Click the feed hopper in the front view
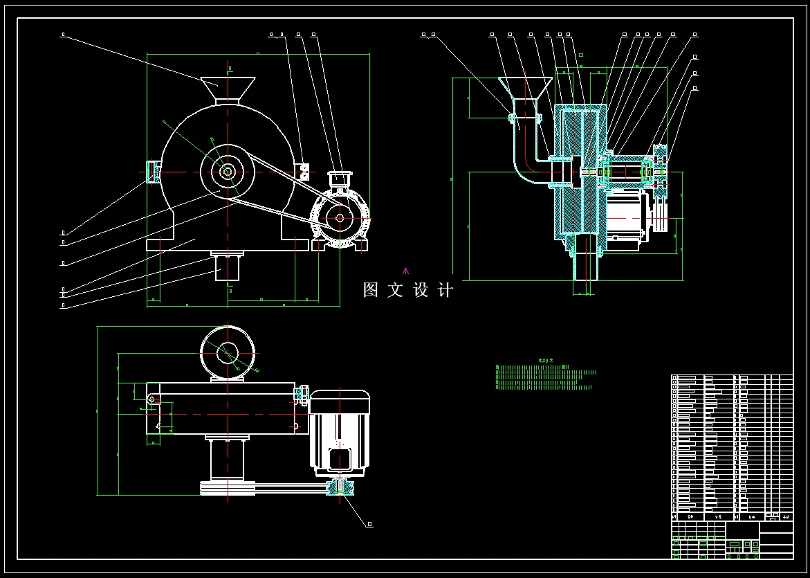pyautogui.click(x=227, y=88)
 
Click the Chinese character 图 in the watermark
pyautogui.click(x=371, y=290)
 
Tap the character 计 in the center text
pyautogui.click(x=446, y=290)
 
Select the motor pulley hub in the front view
pyautogui.click(x=340, y=217)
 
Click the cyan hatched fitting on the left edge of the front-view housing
pyautogui.click(x=151, y=171)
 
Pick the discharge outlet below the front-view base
pyautogui.click(x=227, y=267)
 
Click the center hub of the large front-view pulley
pyautogui.click(x=227, y=171)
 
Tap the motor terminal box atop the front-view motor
pyautogui.click(x=338, y=180)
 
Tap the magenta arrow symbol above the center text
pyautogui.click(x=406, y=271)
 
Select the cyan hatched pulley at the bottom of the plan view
pyautogui.click(x=340, y=487)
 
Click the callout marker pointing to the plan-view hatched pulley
pyautogui.click(x=370, y=525)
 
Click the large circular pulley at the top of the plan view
pyautogui.click(x=227, y=353)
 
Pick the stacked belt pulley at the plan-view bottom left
pyautogui.click(x=228, y=487)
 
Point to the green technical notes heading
pyautogui.click(x=546, y=361)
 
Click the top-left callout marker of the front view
pyautogui.click(x=63, y=34)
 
